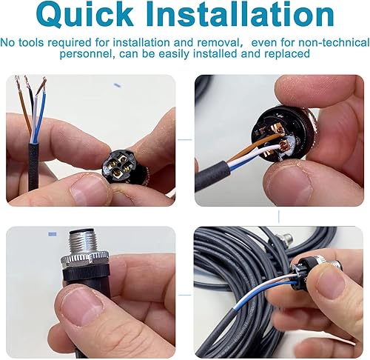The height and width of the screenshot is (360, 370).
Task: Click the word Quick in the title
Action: point(84,16)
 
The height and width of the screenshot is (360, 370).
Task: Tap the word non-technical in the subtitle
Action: point(334,42)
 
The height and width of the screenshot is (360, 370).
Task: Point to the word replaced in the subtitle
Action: point(287,53)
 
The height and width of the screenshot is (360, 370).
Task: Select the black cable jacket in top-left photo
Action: point(33,167)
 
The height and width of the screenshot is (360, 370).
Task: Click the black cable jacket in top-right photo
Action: point(212,176)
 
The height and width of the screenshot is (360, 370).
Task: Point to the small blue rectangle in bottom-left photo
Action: point(53,234)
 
